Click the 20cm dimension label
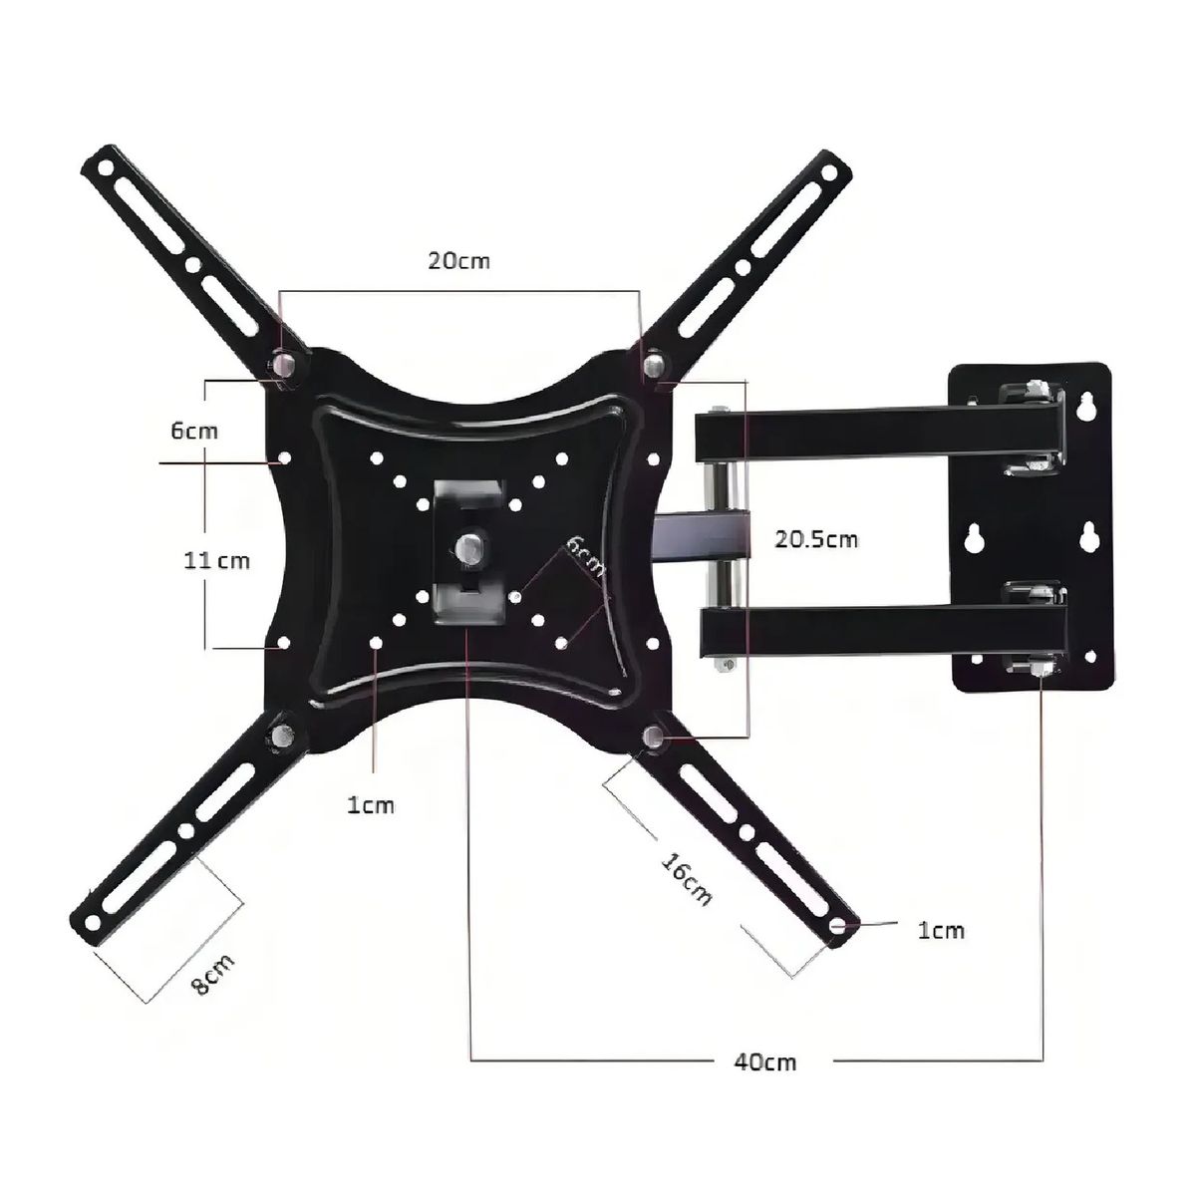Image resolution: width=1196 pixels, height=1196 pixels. point(458,261)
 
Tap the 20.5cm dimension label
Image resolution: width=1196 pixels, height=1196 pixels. point(816,539)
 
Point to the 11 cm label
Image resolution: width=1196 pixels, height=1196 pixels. point(216,561)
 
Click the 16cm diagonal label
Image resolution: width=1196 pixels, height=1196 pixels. point(687,879)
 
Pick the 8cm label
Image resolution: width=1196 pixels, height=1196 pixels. point(213,978)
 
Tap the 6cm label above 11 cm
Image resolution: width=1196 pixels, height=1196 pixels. point(194,431)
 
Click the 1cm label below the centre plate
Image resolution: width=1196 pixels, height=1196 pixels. point(371,805)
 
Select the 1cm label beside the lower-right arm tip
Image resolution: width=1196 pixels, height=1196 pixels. point(941,948)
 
